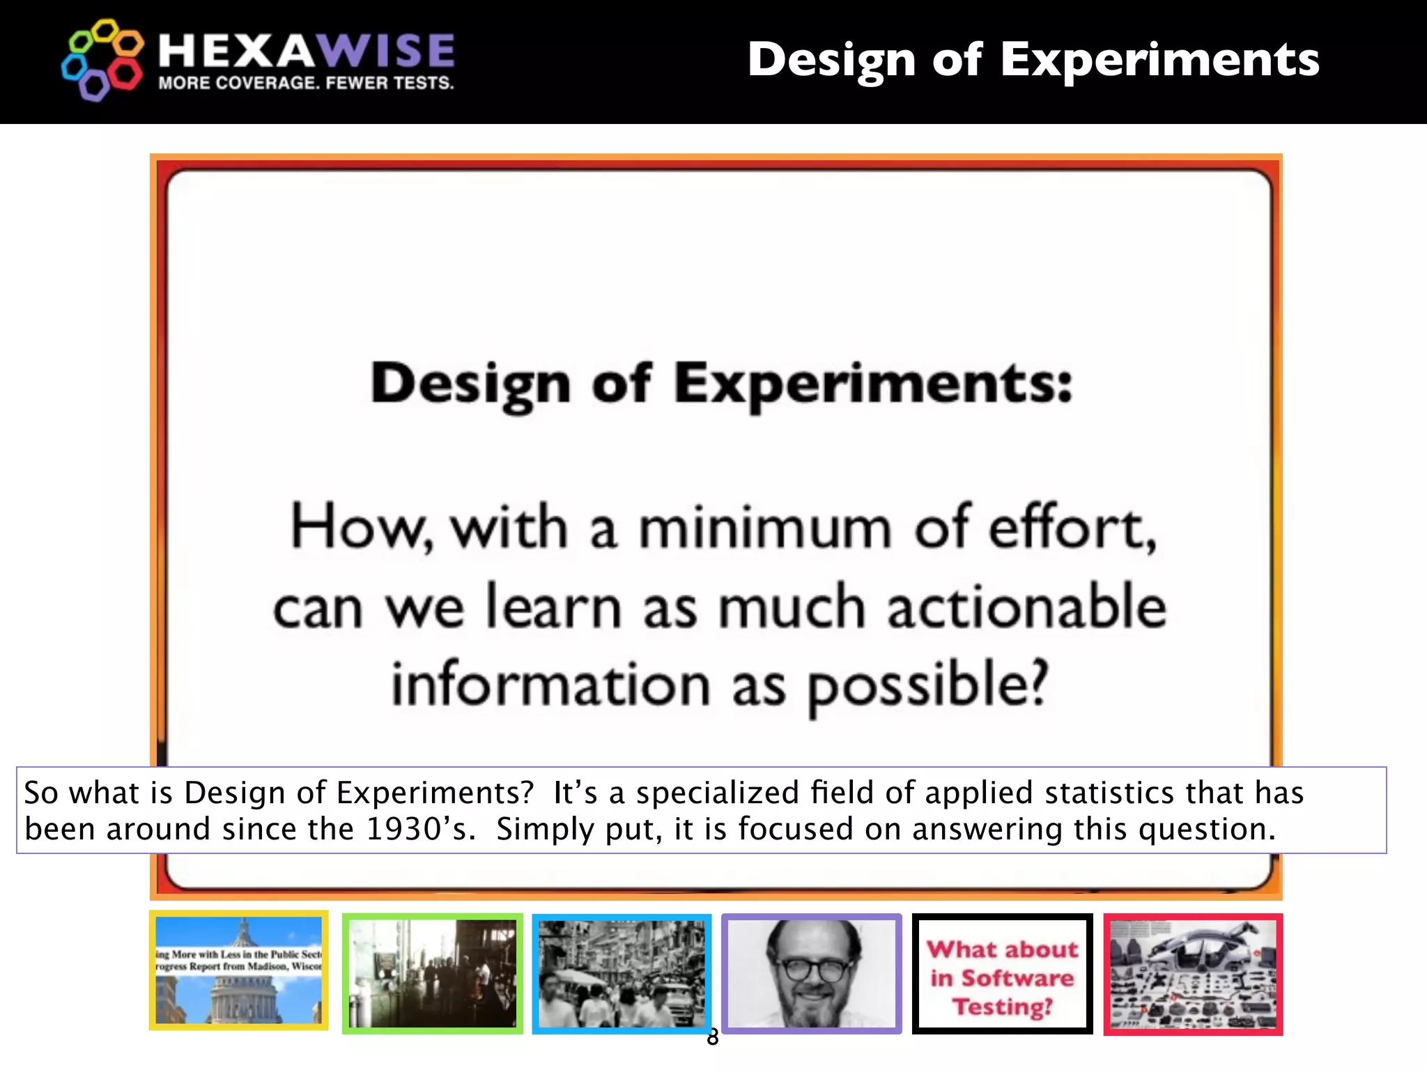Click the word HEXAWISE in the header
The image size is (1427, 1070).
click(307, 51)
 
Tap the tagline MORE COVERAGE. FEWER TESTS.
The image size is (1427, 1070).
click(306, 83)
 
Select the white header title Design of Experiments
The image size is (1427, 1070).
click(1033, 59)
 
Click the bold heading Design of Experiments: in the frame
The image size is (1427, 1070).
click(721, 384)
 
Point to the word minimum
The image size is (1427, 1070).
click(765, 528)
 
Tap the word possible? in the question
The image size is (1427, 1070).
click(927, 685)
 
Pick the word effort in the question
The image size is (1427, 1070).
click(1071, 528)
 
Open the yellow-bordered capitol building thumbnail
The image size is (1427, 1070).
click(239, 970)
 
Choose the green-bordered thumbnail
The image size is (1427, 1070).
click(432, 973)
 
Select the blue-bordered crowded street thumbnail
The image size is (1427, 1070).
click(622, 973)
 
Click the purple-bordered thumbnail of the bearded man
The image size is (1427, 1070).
click(812, 973)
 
